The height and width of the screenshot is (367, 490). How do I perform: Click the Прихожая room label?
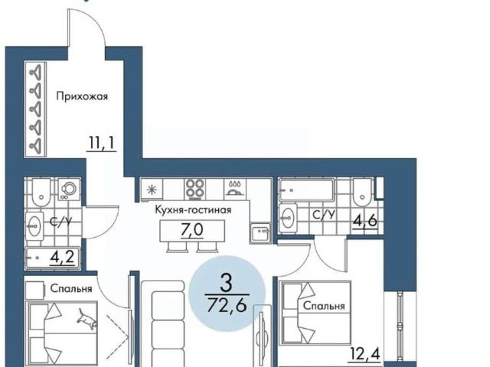[82, 96]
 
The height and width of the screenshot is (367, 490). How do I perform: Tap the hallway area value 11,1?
[102, 143]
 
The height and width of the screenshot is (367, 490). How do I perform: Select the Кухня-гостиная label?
[193, 210]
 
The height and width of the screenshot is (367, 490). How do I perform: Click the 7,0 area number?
[192, 229]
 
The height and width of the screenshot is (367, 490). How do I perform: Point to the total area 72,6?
[227, 306]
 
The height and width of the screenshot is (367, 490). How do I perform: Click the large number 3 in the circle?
[227, 283]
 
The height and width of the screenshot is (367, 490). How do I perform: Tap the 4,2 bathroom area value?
[62, 258]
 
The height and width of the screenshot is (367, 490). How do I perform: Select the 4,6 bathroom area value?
[364, 221]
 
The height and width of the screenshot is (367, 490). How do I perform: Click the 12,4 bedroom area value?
[365, 354]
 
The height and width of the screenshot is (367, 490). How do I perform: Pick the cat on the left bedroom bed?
[87, 319]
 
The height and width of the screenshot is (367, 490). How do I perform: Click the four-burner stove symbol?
[195, 189]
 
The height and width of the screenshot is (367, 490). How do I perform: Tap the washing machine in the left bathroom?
[69, 189]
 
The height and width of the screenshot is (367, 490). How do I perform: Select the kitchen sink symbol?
[260, 232]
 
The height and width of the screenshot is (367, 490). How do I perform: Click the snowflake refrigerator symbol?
[152, 190]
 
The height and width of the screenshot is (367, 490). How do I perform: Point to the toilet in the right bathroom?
[362, 192]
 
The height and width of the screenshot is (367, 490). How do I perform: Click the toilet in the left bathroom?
[41, 193]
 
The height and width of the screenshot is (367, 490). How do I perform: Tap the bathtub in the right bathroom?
[306, 190]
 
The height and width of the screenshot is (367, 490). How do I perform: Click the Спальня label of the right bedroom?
[324, 306]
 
